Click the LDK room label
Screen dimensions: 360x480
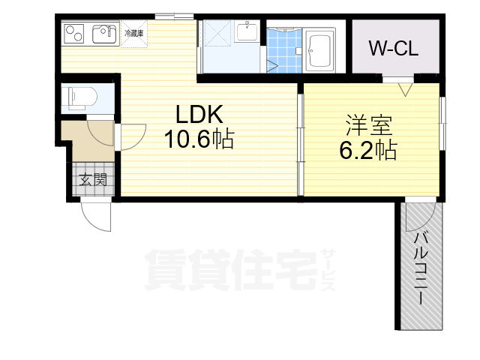point(199,115)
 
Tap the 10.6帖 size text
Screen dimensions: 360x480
point(199,139)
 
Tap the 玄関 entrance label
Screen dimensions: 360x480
point(94,179)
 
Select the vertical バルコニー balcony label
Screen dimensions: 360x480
point(422,268)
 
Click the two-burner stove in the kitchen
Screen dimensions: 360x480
point(75,34)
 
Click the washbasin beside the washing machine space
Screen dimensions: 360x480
point(248,32)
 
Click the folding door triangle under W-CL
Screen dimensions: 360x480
point(405,88)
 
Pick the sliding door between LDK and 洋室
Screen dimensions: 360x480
point(300,142)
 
